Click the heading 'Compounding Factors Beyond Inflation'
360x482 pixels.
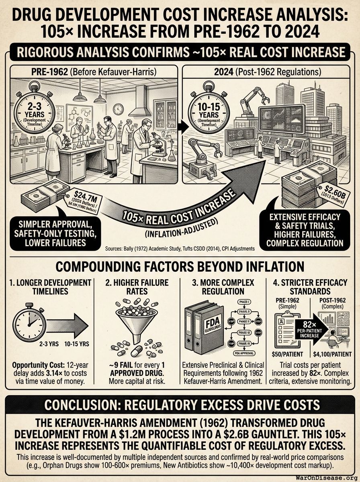coord(180,267)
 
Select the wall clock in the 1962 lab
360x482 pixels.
coord(118,109)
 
